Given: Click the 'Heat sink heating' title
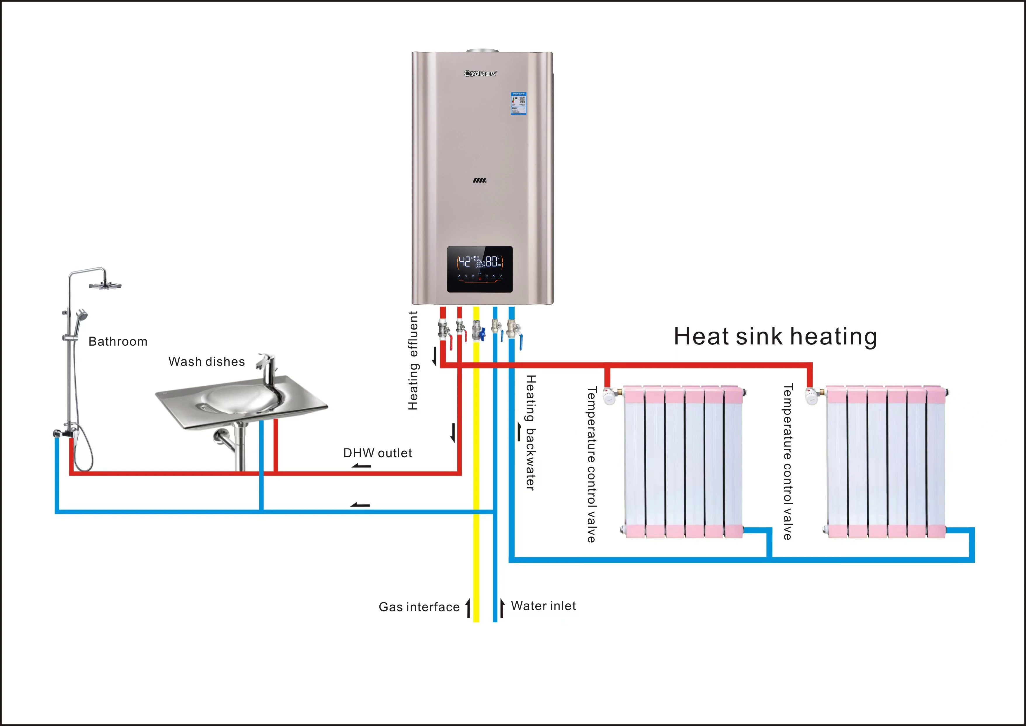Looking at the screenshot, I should pyautogui.click(x=775, y=337).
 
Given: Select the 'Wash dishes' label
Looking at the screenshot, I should pyautogui.click(x=206, y=362).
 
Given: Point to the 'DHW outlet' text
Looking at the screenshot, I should pyautogui.click(x=377, y=453).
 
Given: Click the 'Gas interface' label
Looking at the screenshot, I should pyautogui.click(x=419, y=607).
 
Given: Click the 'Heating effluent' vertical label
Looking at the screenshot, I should pyautogui.click(x=413, y=361).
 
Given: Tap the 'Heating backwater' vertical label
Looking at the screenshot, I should pyautogui.click(x=530, y=432).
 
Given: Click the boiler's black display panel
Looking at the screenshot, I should pyautogui.click(x=480, y=269).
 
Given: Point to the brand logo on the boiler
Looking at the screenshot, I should pyautogui.click(x=480, y=73).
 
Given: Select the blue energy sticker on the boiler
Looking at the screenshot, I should pyautogui.click(x=518, y=103).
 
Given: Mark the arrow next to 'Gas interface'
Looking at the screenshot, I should pyautogui.click(x=468, y=608).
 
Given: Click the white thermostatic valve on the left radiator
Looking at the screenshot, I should pyautogui.click(x=609, y=396).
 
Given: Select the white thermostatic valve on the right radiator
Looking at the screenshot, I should pyautogui.click(x=812, y=396).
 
